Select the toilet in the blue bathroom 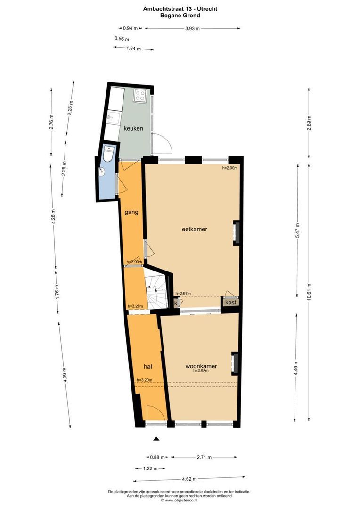108,154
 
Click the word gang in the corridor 131,213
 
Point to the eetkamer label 195,230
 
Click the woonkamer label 201,366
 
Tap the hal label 148,366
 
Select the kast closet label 230,303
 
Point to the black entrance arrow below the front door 156,439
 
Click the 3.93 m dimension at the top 191,28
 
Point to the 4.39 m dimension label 64,377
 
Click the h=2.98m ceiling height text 201,371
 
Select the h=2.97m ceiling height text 183,293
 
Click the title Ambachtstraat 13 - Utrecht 180,8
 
